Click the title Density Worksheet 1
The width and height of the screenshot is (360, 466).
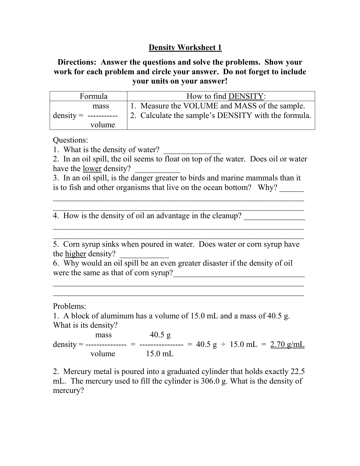tap(185, 47)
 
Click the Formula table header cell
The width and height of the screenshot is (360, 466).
tap(93, 96)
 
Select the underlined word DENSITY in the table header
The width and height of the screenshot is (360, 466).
tap(246, 96)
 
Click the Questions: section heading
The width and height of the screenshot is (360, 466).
tap(71, 140)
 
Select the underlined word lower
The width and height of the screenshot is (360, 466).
tap(92, 169)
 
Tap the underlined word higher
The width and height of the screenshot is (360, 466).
tap(75, 254)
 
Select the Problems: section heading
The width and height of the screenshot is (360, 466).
tap(69, 306)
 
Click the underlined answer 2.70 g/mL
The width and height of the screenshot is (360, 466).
tap(287, 344)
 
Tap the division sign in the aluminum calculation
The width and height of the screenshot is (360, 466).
tap(223, 344)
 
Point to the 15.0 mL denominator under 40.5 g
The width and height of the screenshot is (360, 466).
tap(160, 354)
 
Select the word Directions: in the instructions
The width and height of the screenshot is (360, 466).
tap(78, 62)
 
